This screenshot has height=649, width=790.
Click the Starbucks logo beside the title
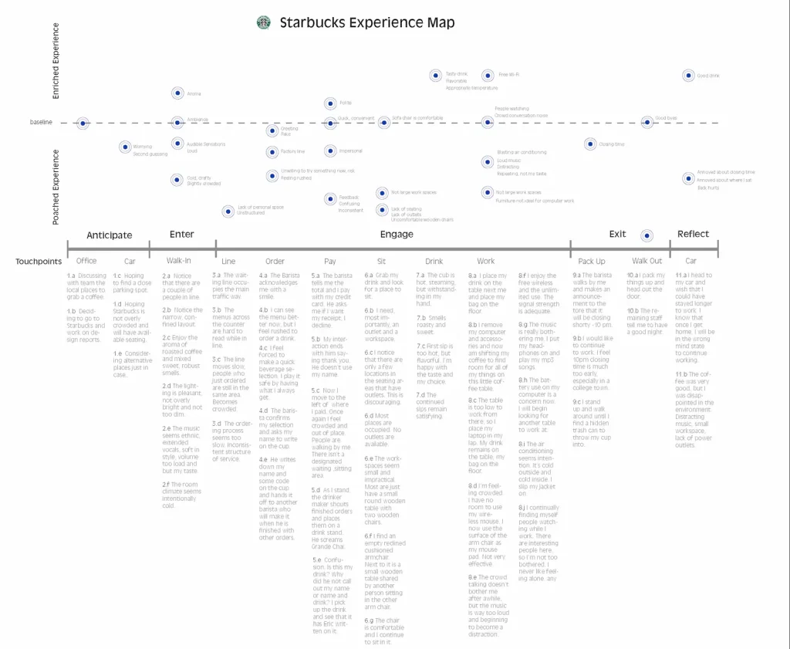[264, 23]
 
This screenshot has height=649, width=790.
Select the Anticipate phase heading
[109, 235]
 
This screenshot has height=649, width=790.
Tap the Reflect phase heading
[693, 235]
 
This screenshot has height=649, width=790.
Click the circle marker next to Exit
[647, 235]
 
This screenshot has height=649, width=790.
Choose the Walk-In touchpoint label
[179, 261]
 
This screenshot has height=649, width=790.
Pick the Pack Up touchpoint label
[592, 261]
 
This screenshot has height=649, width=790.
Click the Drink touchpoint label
[434, 261]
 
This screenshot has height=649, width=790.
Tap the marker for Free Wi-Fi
[488, 76]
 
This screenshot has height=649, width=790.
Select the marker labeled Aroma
[177, 93]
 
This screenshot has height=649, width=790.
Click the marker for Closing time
[590, 144]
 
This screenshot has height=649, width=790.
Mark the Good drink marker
[688, 76]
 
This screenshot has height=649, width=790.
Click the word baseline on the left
[42, 123]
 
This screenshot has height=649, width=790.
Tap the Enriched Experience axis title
[56, 61]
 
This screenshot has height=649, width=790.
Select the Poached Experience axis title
[56, 188]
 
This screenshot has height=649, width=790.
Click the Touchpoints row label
[39, 262]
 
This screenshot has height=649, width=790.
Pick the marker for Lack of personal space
[228, 211]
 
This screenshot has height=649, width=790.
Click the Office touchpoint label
[86, 261]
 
